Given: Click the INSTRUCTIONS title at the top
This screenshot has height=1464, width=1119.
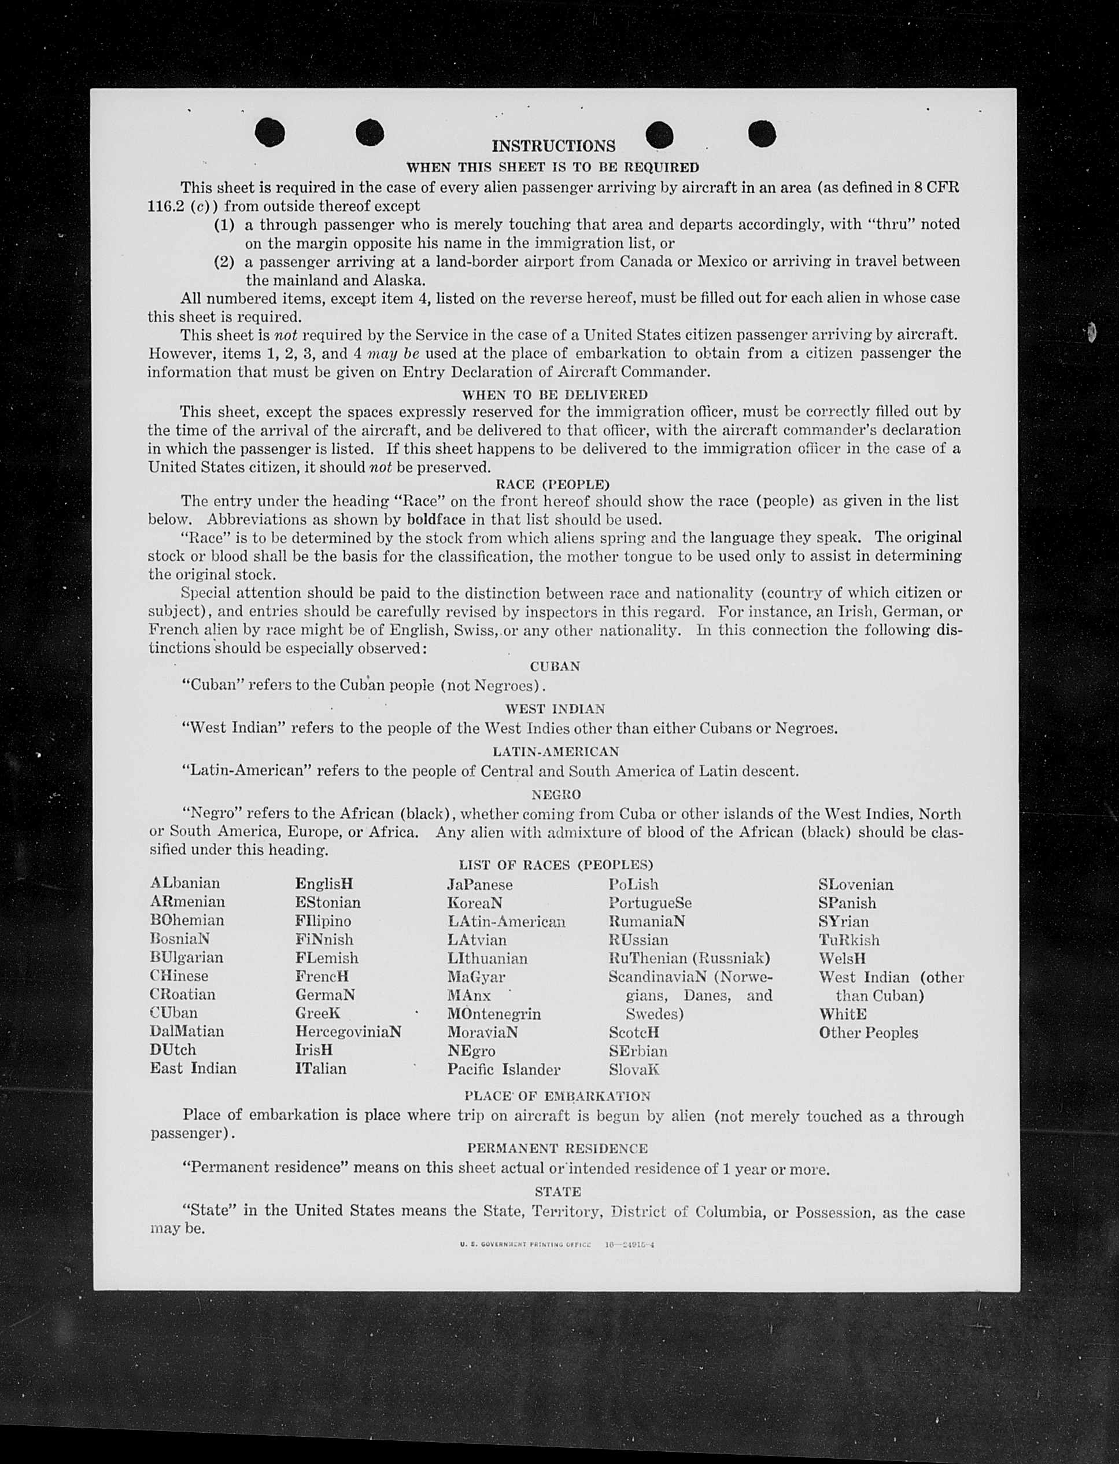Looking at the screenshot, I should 553,146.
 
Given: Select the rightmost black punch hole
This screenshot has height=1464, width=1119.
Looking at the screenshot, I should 762,133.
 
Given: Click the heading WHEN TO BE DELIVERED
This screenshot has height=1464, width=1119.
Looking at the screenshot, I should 554,395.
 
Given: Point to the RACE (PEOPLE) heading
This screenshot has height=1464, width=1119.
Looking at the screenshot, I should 552,484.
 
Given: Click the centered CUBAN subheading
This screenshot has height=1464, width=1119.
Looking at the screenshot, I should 555,667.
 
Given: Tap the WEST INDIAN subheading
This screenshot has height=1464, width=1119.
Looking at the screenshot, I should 555,709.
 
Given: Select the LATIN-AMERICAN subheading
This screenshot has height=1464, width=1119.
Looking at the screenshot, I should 556,751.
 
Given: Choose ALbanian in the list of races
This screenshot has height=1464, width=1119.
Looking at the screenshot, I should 184,883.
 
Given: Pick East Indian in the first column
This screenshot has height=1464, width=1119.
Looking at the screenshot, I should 193,1068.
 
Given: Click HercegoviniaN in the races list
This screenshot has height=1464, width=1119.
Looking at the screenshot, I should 348,1032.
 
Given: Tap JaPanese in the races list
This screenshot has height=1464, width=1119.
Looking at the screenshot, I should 479,884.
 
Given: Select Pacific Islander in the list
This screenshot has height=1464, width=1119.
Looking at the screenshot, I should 504,1069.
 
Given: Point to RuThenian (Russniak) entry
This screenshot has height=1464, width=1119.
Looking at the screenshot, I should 689,958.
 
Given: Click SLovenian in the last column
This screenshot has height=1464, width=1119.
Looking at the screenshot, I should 856,884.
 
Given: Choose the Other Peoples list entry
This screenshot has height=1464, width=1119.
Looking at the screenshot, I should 868,1033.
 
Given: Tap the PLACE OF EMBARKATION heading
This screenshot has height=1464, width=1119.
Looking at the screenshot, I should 557,1096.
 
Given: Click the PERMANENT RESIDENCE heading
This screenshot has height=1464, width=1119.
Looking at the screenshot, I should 557,1148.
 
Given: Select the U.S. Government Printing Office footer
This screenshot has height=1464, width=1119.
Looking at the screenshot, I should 556,1244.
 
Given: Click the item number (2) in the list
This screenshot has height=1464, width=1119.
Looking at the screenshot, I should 224,261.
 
